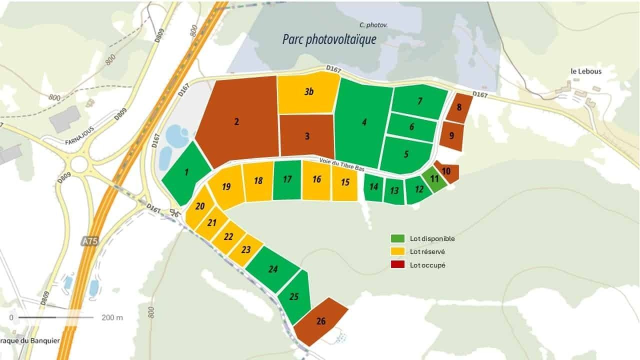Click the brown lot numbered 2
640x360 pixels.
point(236,121)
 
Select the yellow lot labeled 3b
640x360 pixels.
point(309,92)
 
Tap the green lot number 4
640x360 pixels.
point(364,122)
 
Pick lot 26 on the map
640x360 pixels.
point(320,321)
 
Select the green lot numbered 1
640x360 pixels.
point(186,172)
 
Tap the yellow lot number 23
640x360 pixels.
point(245,249)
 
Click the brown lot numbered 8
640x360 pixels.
point(459,107)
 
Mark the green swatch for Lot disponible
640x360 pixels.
point(397,238)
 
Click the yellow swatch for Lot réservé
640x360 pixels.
point(397,251)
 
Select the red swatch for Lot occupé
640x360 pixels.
point(397,264)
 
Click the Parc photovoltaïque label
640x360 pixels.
point(329,39)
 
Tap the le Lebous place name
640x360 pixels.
point(586,71)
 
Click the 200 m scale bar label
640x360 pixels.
point(112,317)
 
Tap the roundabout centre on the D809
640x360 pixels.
point(78,163)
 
